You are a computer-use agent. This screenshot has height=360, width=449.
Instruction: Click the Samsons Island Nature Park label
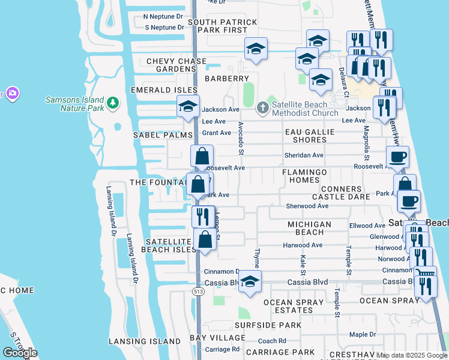[x=74, y=104]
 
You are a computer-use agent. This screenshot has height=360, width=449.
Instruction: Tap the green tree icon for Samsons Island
[x=112, y=104]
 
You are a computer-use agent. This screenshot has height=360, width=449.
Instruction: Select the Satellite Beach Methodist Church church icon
[x=262, y=109]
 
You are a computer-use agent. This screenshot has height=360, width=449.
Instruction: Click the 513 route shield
[x=197, y=291]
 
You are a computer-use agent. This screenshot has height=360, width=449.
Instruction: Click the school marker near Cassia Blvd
[x=250, y=281]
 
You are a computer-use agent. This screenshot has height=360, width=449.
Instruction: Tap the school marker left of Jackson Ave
[x=188, y=107]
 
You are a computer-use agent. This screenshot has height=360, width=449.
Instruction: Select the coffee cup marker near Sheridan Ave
[x=397, y=158]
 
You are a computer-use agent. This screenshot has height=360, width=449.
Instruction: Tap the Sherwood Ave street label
[x=307, y=206]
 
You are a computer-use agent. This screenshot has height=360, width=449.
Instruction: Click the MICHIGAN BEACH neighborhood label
[x=309, y=228]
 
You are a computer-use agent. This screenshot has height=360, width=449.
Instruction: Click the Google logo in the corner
[x=20, y=352]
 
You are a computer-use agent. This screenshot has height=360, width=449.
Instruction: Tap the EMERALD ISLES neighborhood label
[x=164, y=90]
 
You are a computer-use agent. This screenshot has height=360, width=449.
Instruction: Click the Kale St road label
[x=303, y=261]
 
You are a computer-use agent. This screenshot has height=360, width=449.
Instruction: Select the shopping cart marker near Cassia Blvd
[x=426, y=274]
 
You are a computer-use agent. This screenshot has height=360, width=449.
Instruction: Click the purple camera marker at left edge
[x=11, y=94]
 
